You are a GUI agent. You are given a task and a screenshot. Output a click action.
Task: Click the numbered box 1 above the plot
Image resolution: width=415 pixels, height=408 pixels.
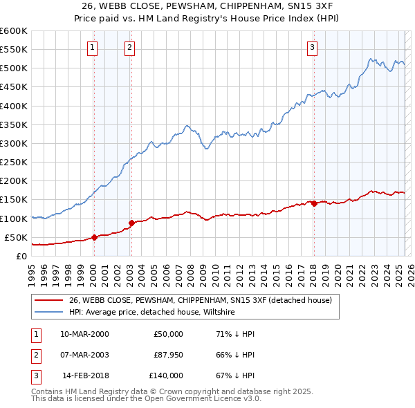pos(93,48)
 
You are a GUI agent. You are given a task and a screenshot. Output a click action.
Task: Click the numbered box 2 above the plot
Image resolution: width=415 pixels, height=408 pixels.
pos(129,48)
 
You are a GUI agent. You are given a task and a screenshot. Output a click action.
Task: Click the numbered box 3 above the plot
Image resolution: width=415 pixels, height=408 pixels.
pos(313,48)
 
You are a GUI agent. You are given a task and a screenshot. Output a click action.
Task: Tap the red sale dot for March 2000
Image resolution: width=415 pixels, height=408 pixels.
pos(94,237)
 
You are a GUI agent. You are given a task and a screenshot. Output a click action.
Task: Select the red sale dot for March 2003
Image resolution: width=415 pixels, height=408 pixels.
pos(131,223)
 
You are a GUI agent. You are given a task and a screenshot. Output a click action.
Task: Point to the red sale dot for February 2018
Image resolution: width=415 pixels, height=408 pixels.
pos(313,203)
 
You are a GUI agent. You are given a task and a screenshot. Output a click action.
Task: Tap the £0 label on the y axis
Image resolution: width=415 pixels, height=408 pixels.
pos(21,256)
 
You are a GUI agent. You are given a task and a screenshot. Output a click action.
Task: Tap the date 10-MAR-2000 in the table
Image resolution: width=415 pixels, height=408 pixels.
pos(84,334)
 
